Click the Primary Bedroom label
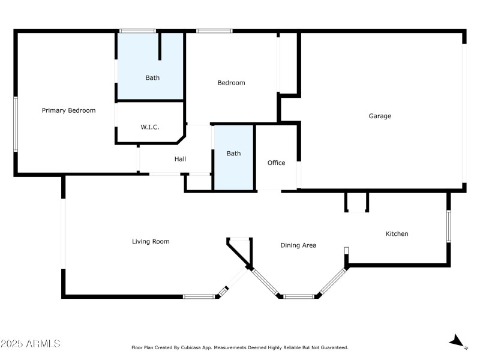click(68, 110)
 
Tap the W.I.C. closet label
click(149, 127)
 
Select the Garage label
click(379, 116)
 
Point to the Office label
click(276, 163)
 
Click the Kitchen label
click(396, 233)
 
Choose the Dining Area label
click(298, 245)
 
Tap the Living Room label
click(151, 241)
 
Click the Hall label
click(180, 159)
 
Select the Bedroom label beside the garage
click(231, 83)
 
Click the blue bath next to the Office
click(233, 154)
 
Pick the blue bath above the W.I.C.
click(152, 77)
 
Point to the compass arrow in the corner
click(458, 341)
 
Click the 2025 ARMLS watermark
click(31, 344)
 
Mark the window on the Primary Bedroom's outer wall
click(16, 123)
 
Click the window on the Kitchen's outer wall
click(448, 226)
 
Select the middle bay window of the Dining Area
click(298, 296)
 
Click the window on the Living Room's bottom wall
click(199, 296)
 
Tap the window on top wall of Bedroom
click(214, 31)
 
